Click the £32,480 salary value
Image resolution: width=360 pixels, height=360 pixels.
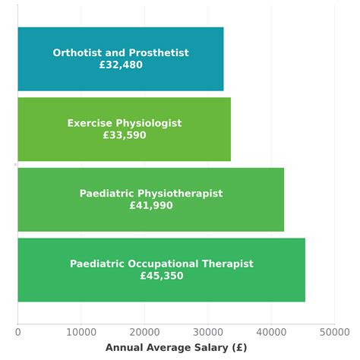[x=121, y=65]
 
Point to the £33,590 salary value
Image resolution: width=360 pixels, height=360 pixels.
[x=125, y=135]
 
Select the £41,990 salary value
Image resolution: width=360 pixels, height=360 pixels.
[x=151, y=206]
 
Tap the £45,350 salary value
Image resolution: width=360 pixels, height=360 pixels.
[x=162, y=276]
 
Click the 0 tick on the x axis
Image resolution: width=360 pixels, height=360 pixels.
[x=18, y=332]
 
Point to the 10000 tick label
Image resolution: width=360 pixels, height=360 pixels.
[x=81, y=332]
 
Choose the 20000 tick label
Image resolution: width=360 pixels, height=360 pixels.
[x=144, y=332]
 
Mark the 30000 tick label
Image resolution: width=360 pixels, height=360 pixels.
[x=208, y=332]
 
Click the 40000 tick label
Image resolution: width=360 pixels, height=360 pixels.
[x=271, y=332]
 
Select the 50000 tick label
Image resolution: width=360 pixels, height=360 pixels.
[x=334, y=332]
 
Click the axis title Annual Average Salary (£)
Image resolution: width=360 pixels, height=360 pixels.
[x=176, y=347]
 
